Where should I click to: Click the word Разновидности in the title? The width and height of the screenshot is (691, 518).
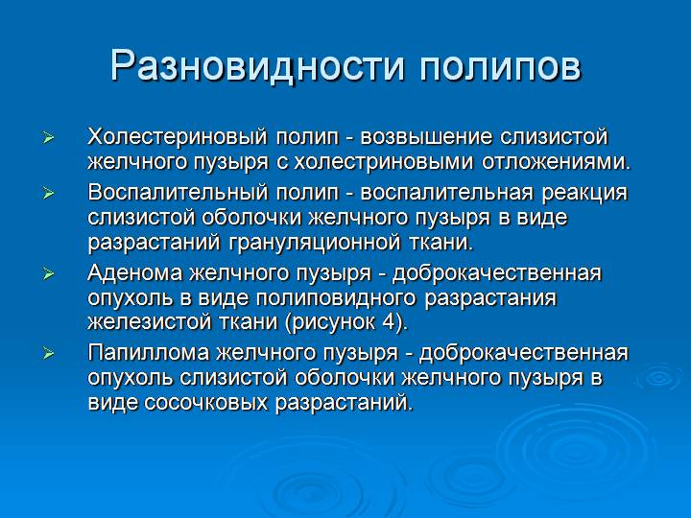tap(247, 65)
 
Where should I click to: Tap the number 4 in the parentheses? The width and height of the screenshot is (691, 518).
tap(388, 322)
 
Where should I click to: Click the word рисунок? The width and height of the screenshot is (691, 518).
tap(331, 322)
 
